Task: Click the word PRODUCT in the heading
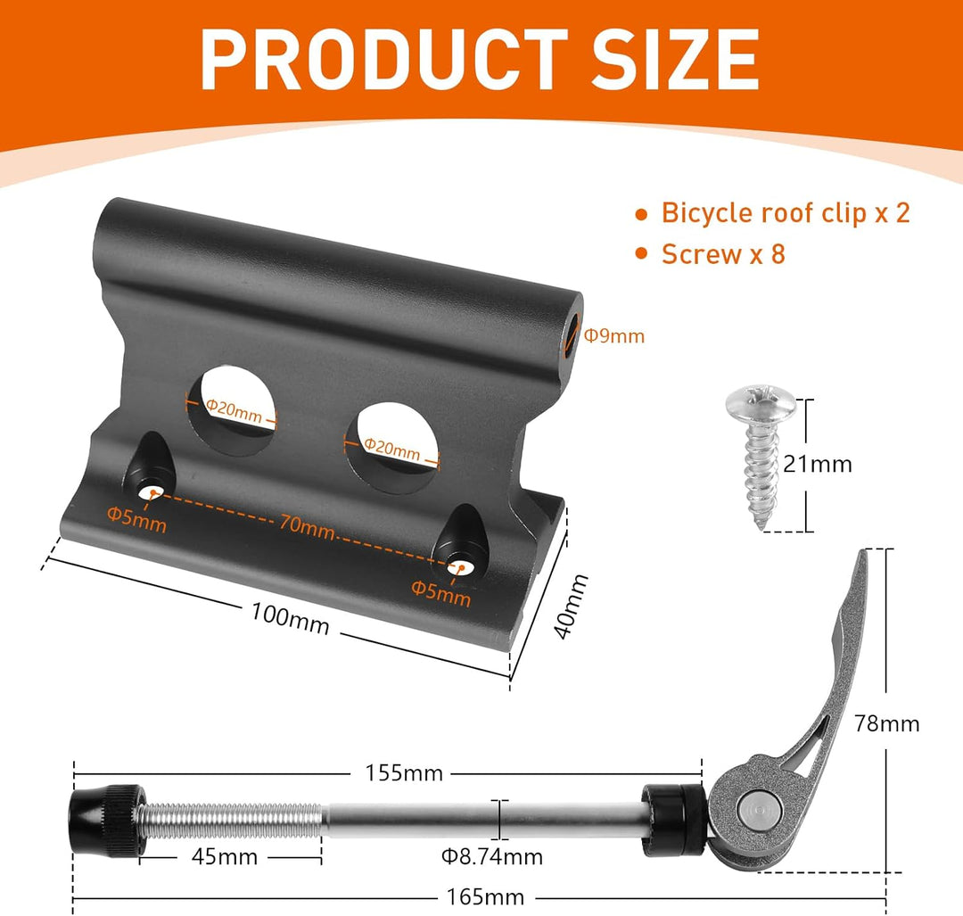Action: tap(384, 61)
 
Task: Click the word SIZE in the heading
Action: tap(675, 61)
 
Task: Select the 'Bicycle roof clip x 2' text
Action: tap(786, 213)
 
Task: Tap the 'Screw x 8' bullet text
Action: tap(723, 254)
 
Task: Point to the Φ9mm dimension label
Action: tap(614, 336)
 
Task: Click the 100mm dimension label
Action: tap(290, 618)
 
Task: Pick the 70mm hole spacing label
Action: tap(307, 526)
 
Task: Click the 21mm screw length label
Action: tap(818, 464)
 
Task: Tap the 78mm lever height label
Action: tap(887, 723)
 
